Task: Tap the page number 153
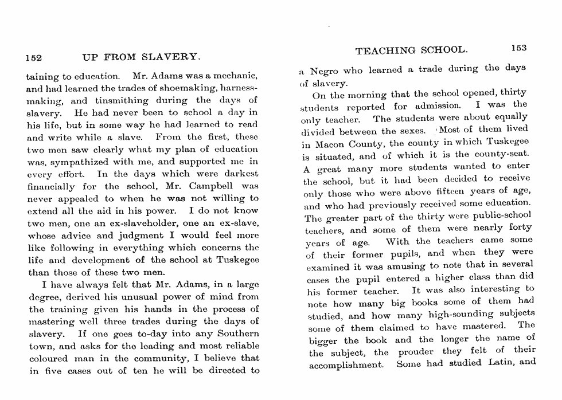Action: click(517, 48)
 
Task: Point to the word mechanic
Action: click(236, 76)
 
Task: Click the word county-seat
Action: click(501, 154)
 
